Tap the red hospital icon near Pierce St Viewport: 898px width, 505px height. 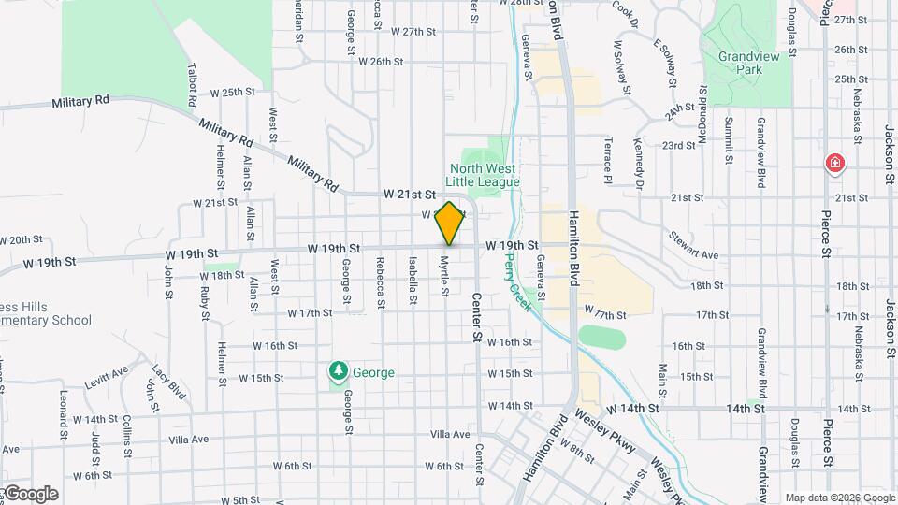click(x=834, y=165)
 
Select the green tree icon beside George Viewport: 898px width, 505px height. click(x=338, y=372)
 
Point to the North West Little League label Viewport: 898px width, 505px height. click(x=482, y=175)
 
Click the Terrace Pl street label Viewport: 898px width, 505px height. click(x=607, y=160)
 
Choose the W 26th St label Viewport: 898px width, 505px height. click(x=380, y=62)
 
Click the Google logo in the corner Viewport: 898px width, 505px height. click(x=31, y=494)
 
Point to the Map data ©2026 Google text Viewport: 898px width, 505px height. click(x=839, y=498)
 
